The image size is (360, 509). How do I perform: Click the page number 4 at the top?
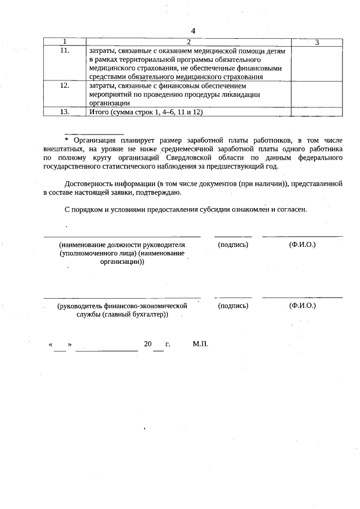(193, 30)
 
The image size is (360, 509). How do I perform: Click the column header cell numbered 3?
(317, 42)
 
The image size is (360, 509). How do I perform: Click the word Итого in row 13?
(100, 112)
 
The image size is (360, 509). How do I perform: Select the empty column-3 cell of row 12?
(317, 94)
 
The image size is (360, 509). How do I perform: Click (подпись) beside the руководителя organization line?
(233, 245)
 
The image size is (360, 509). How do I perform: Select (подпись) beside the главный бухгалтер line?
(233, 305)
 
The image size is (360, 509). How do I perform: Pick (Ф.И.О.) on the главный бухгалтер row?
(302, 305)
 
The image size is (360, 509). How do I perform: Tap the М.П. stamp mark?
(200, 343)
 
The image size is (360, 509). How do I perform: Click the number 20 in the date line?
(148, 343)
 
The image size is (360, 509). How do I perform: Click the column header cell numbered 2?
(189, 42)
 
